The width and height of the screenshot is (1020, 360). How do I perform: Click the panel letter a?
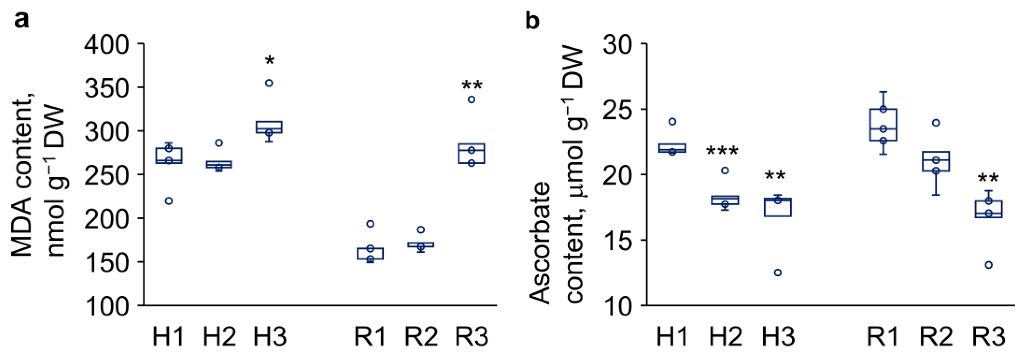[21, 20]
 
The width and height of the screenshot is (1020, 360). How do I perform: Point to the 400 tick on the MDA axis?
[106, 44]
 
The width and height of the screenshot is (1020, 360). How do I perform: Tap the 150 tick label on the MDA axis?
[106, 262]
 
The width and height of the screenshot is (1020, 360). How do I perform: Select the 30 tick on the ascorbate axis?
[620, 44]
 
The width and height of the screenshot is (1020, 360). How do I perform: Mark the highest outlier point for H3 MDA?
[269, 83]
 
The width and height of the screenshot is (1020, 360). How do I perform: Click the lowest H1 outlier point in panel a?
[169, 201]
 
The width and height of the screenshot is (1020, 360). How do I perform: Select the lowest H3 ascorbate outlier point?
[778, 272]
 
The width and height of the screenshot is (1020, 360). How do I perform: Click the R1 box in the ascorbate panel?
[883, 125]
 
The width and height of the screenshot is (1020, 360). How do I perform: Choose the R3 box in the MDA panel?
[471, 153]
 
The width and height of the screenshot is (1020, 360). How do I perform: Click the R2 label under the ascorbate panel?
[936, 336]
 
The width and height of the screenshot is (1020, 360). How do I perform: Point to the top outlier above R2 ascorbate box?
[936, 123]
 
